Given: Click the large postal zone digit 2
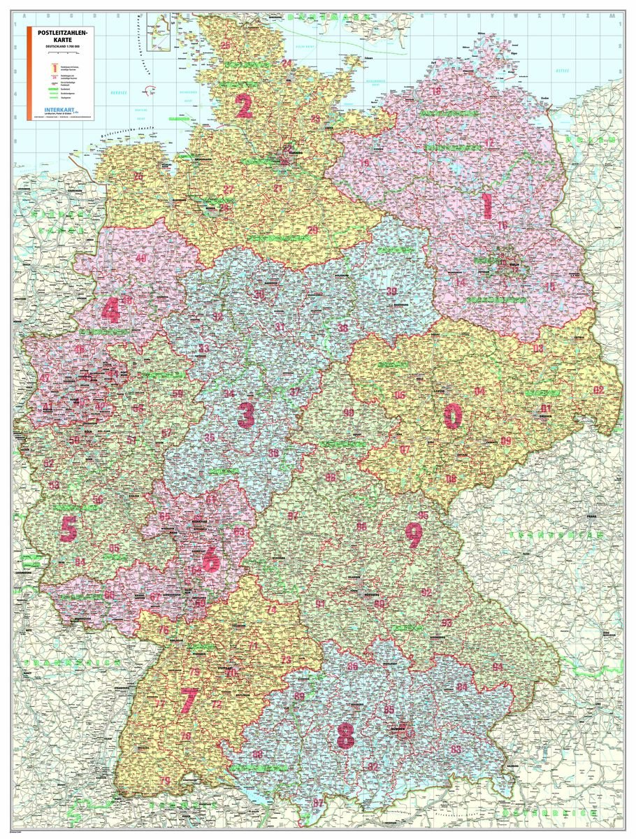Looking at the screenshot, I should click(243, 106).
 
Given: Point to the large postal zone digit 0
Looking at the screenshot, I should click(453, 416).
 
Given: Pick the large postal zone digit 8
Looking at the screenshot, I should click(345, 736).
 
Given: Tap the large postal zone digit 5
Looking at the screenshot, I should click(68, 529).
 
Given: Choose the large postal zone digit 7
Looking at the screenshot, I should click(188, 700).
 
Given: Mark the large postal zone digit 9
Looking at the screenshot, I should click(414, 535).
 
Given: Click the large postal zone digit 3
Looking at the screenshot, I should click(245, 415).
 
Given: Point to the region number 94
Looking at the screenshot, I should click(497, 666).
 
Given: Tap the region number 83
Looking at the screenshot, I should click(456, 750).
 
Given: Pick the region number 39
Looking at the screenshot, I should click(392, 291).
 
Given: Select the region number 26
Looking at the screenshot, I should click(138, 176).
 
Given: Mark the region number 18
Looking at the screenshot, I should click(437, 92).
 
